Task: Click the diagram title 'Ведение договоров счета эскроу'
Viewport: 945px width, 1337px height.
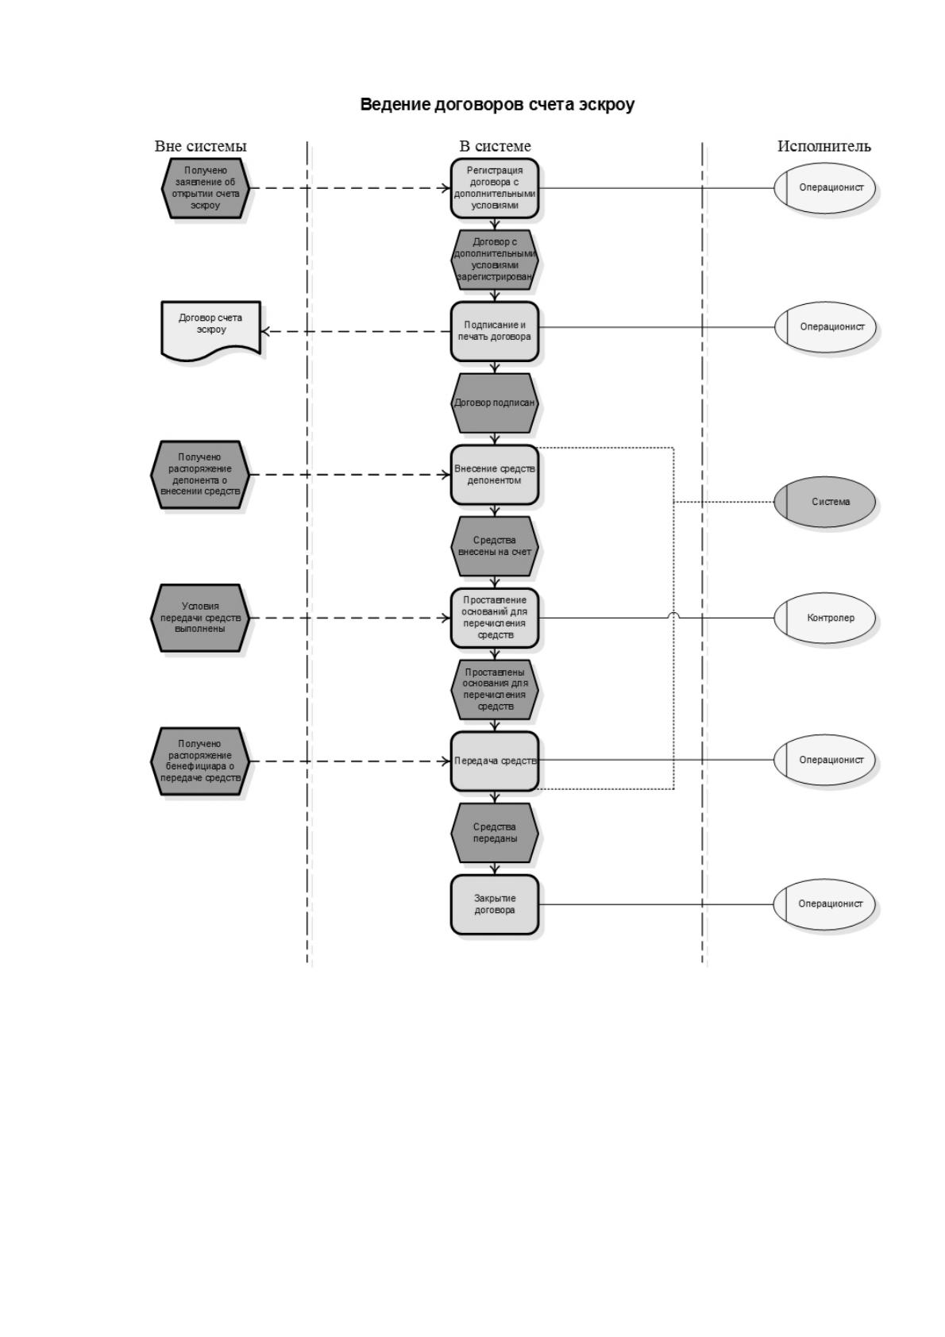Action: point(496,105)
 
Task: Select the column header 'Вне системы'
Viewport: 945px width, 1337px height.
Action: point(200,145)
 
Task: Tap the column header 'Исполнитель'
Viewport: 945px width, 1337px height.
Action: point(823,145)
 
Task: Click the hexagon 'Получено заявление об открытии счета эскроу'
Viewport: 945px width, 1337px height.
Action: point(206,188)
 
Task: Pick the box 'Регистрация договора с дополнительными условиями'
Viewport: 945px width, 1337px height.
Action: point(494,188)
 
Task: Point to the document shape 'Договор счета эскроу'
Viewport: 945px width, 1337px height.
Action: point(210,331)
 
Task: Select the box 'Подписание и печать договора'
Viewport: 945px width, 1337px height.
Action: point(494,331)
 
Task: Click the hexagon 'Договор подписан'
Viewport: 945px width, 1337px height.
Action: point(494,403)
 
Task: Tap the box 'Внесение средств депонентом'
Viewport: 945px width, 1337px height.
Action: point(494,475)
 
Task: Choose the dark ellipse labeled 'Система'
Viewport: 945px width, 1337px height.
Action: point(824,502)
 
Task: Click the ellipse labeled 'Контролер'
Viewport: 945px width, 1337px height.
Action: point(824,618)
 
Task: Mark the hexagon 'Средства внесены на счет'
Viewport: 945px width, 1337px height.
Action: point(494,546)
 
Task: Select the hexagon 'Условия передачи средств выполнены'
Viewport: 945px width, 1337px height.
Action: point(200,618)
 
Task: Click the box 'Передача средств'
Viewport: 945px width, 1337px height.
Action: point(494,761)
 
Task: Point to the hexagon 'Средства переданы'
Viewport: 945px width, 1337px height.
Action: point(494,833)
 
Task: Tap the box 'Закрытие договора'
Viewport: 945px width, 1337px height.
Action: point(494,904)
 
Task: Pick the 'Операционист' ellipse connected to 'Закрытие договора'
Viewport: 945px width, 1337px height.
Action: point(824,904)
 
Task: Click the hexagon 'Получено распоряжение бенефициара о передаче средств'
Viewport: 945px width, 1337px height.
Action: point(200,761)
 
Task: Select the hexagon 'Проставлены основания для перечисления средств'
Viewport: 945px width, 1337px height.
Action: point(494,689)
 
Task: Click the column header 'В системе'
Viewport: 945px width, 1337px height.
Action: point(495,145)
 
